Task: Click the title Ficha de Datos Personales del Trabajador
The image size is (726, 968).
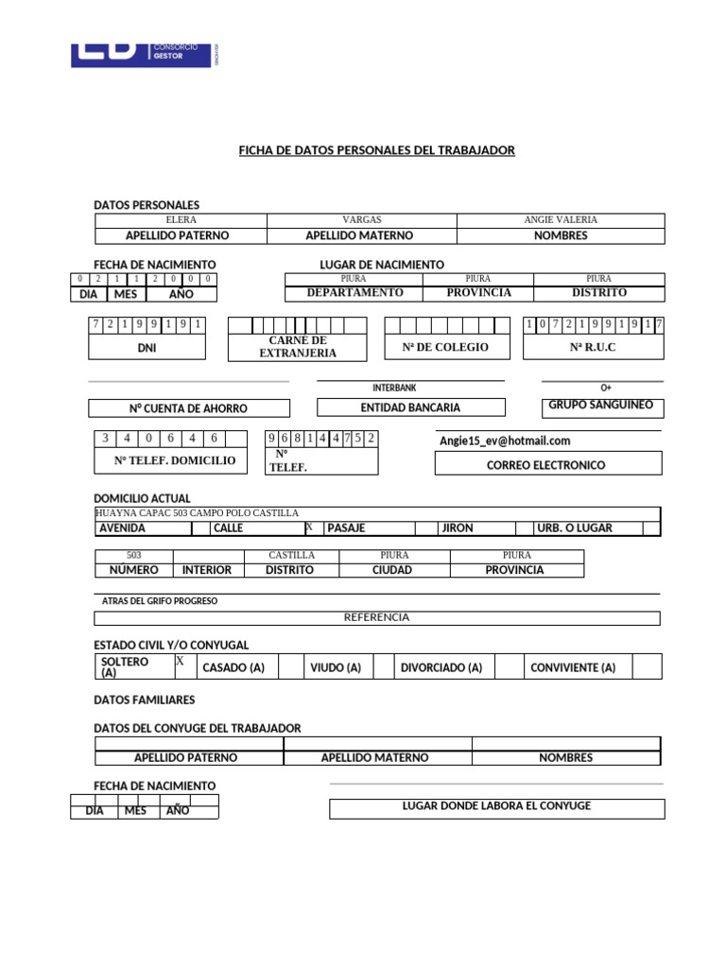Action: (376, 150)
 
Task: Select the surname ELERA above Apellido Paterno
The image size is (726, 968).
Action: (181, 219)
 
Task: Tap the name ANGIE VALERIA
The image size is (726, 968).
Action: (561, 219)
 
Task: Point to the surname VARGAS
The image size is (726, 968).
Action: (361, 219)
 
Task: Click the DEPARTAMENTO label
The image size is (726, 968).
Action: (354, 293)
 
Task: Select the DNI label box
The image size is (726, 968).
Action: (147, 348)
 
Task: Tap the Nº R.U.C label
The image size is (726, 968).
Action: (593, 348)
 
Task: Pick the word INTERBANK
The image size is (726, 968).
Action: (394, 388)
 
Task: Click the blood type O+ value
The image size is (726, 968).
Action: (606, 388)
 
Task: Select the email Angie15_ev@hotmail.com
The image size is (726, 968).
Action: (505, 441)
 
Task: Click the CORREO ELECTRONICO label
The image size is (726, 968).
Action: (545, 465)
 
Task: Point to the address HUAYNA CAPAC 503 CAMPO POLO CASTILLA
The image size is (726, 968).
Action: (198, 512)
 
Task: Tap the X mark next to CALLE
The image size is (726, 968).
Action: (309, 527)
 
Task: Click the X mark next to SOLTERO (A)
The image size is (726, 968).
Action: (180, 662)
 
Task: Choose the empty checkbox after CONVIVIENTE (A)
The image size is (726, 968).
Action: (647, 667)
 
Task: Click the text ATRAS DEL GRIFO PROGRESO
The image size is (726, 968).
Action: (160, 601)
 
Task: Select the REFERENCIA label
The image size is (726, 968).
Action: (376, 617)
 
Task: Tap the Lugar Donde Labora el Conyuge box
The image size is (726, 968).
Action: (496, 806)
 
